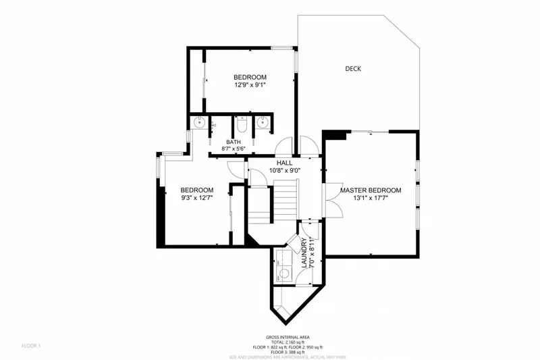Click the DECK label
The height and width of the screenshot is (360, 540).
[352, 68]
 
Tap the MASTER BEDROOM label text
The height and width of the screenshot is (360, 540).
[370, 190]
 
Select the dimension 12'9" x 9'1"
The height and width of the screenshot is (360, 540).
[250, 86]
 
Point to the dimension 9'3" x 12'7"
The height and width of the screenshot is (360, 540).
[197, 199]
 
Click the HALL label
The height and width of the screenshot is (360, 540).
[284, 163]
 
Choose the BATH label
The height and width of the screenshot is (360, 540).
[234, 143]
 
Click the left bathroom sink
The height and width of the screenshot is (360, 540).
[200, 122]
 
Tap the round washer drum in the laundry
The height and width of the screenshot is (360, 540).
[284, 274]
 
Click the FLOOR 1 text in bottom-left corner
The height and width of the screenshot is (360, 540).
[31, 346]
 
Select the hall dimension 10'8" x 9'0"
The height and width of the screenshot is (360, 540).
[284, 171]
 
